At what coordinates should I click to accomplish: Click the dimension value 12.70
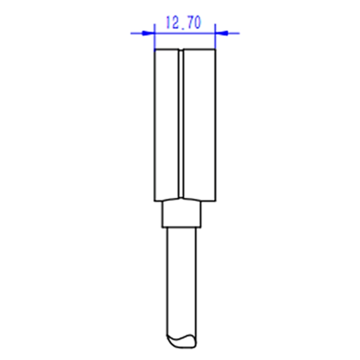tap(183, 22)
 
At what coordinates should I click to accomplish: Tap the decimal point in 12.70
tap(183, 28)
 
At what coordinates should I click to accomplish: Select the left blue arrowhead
tap(148, 33)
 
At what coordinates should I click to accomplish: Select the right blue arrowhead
tap(221, 33)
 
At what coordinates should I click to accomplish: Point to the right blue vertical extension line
tap(215, 37)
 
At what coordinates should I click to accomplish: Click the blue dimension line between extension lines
tap(185, 33)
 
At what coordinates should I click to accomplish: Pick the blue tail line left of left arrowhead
tap(137, 33)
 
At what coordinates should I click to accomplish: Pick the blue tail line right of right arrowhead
tap(234, 33)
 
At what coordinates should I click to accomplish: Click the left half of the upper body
tap(166, 125)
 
